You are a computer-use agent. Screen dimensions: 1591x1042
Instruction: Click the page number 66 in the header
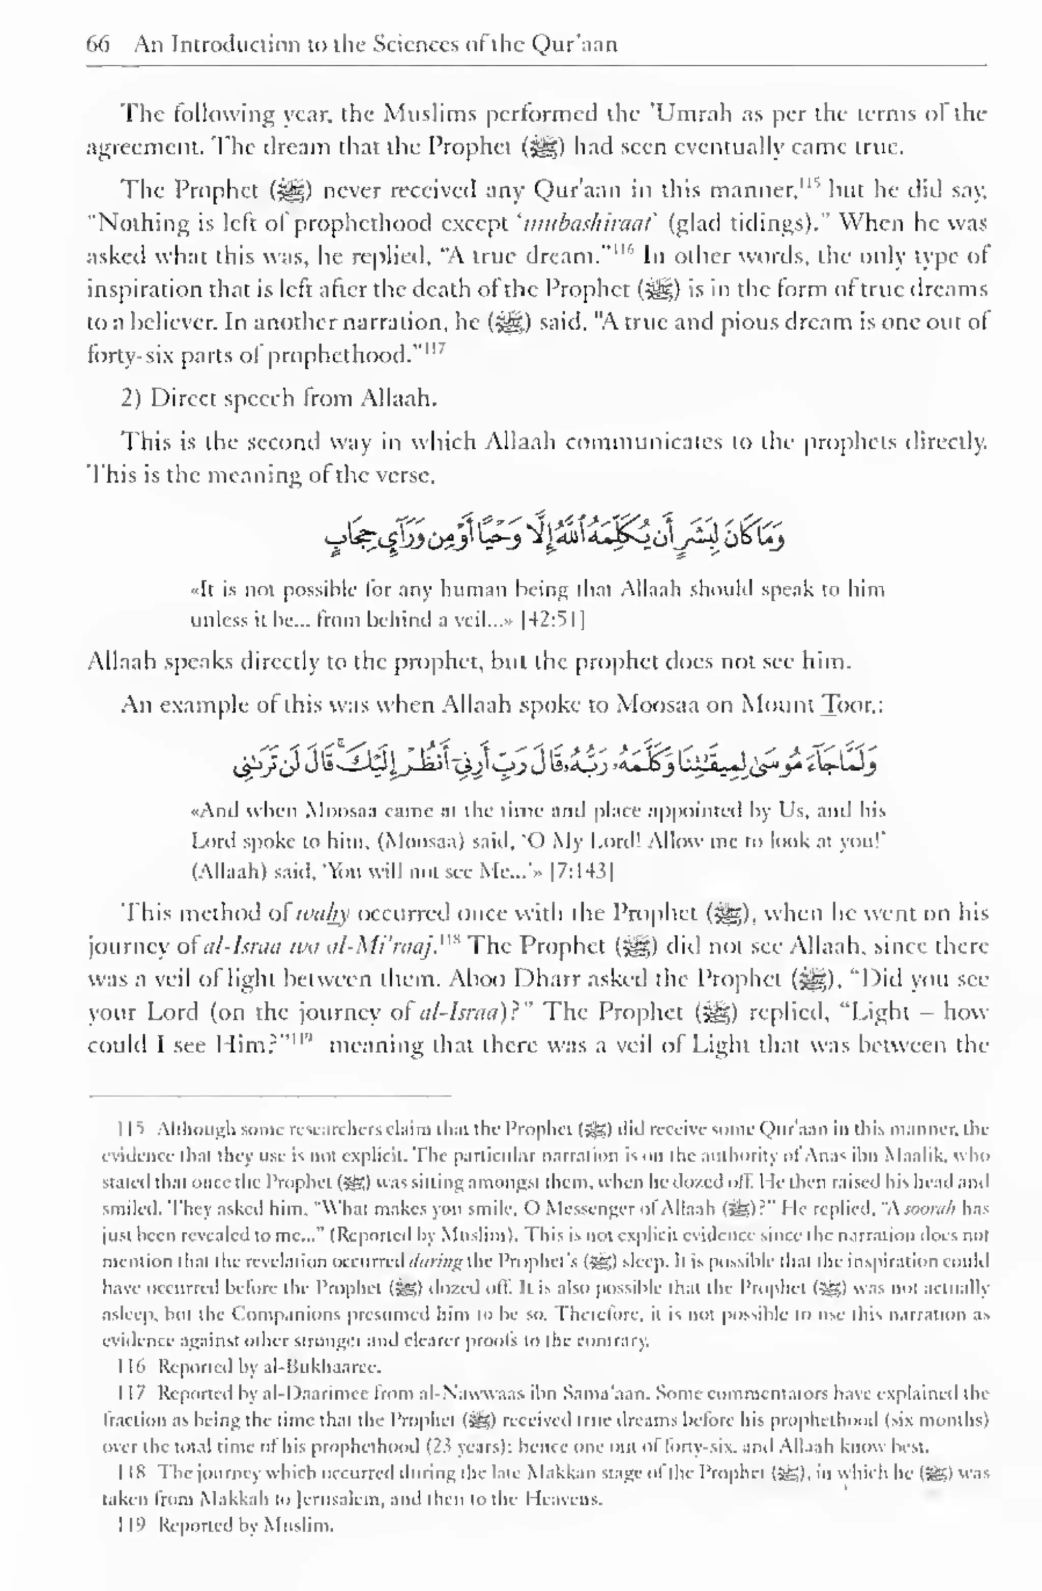pos(98,44)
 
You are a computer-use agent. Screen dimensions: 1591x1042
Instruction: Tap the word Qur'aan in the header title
pos(573,44)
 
